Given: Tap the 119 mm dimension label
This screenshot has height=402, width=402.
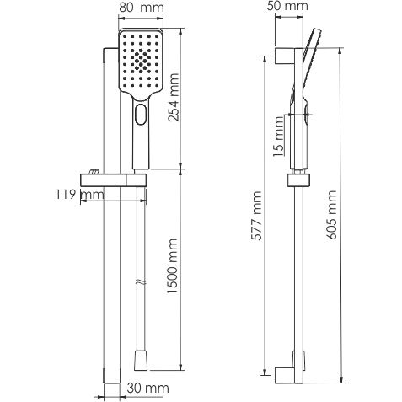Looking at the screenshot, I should pos(86,196).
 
